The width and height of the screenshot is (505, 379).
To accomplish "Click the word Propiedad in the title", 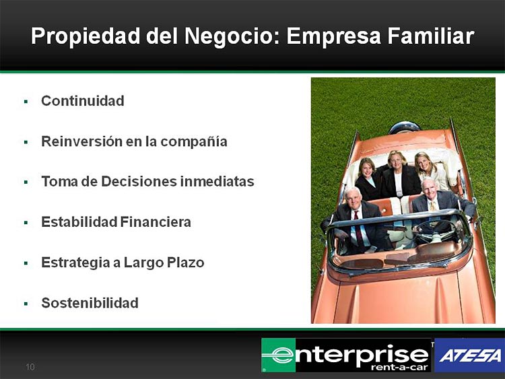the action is pyautogui.click(x=86, y=36).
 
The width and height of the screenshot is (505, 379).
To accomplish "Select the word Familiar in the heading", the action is pyautogui.click(x=431, y=36).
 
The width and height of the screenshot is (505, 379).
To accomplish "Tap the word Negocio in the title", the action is pyautogui.click(x=229, y=36).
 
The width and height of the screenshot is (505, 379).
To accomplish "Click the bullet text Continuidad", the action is pyautogui.click(x=83, y=101).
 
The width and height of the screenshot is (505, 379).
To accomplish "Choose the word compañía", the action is pyautogui.click(x=194, y=142).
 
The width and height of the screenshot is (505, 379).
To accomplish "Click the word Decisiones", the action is pyautogui.click(x=139, y=182).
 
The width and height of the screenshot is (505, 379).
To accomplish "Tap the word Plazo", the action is pyautogui.click(x=186, y=263).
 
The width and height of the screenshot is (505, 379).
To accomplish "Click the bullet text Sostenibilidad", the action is pyautogui.click(x=90, y=303).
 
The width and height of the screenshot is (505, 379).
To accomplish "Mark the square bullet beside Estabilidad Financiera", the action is pyautogui.click(x=26, y=223).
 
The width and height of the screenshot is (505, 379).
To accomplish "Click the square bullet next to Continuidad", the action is pyautogui.click(x=26, y=102).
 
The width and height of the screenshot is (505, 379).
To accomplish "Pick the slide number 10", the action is pyautogui.click(x=30, y=367).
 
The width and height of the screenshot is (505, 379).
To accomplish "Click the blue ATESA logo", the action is pyautogui.click(x=469, y=355).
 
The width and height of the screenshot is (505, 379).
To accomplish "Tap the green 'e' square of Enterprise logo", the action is pyautogui.click(x=279, y=355).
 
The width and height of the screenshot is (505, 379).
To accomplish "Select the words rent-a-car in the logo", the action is pyautogui.click(x=399, y=368).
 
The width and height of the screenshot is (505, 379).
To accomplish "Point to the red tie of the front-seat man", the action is pyautogui.click(x=358, y=230).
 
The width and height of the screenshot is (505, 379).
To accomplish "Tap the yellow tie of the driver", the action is pyautogui.click(x=433, y=207).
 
